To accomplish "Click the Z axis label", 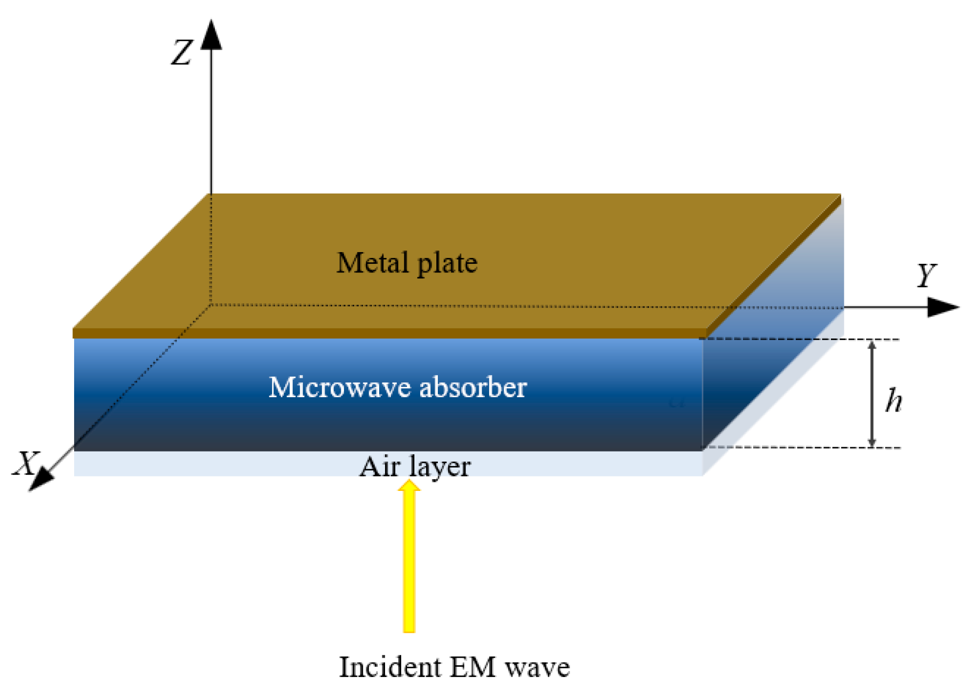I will [181, 53].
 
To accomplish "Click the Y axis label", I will [926, 276].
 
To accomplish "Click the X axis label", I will [26, 463].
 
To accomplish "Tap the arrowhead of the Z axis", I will [211, 35].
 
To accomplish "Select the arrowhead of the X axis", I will [40, 479].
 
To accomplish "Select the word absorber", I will [473, 387].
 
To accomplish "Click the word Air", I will [379, 467].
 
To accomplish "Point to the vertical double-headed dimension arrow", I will [872, 393].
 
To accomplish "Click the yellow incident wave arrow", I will [409, 560].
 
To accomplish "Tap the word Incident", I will [390, 667].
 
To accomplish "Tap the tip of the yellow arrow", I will [409, 481].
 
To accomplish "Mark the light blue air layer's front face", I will [213, 464].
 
